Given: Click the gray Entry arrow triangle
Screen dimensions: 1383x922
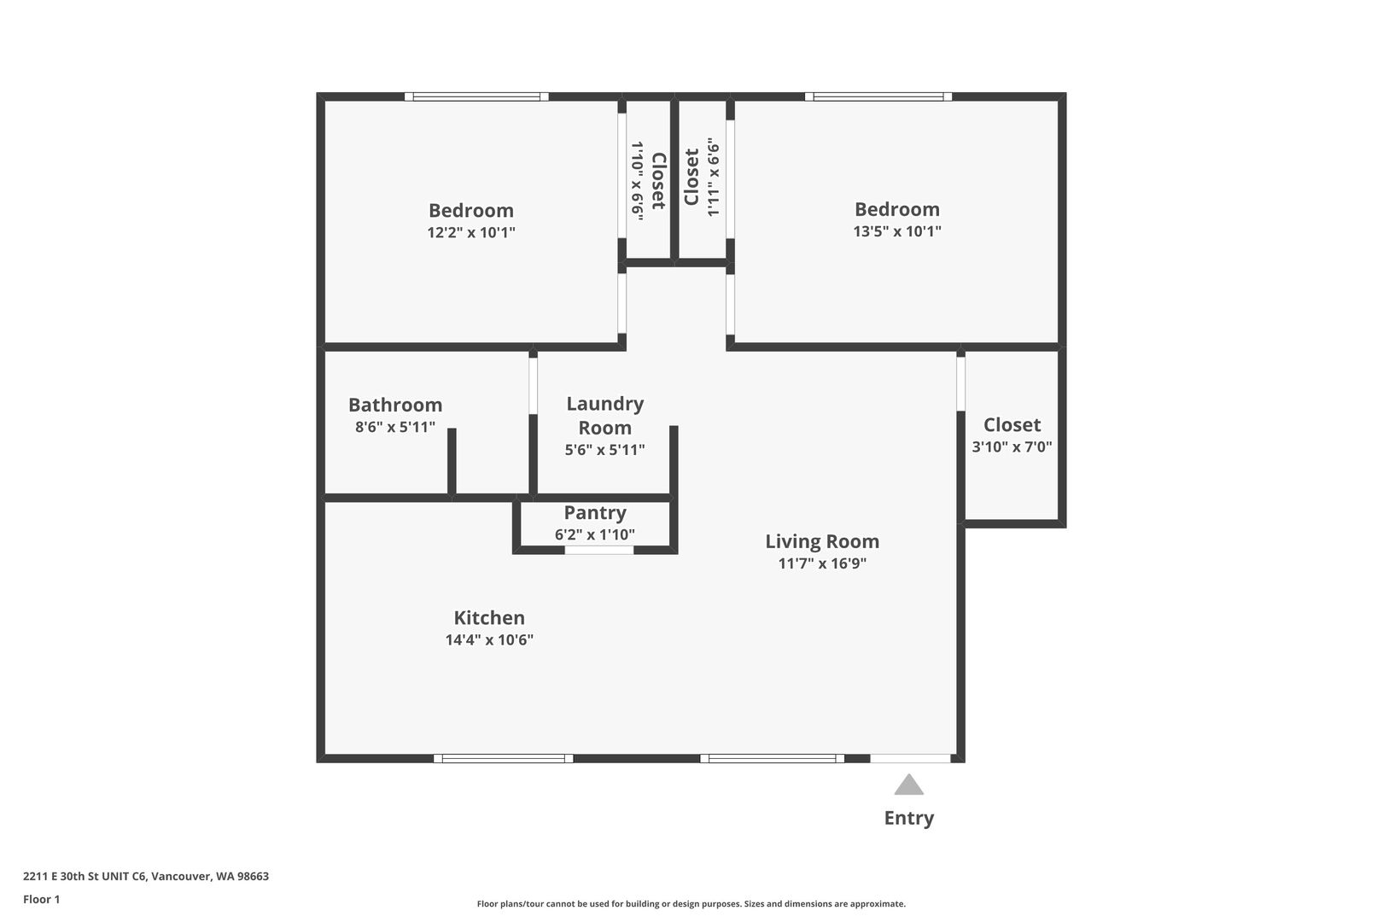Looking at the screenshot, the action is (909, 785).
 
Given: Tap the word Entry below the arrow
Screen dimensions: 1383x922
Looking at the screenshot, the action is (909, 818).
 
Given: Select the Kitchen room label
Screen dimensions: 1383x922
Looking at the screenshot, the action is (489, 617).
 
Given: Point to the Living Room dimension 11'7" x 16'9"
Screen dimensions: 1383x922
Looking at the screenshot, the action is (822, 563).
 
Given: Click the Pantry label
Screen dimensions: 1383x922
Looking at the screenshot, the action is (595, 513).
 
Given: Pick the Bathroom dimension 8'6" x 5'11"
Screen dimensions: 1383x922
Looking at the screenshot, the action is (395, 427).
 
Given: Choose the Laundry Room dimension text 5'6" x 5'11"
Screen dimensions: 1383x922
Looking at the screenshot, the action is (605, 450).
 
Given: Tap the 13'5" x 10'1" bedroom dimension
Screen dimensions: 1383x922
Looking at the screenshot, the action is (897, 231).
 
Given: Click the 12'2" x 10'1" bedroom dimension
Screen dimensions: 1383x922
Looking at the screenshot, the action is (471, 233).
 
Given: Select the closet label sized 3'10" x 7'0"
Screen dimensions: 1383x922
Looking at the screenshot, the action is (1012, 425).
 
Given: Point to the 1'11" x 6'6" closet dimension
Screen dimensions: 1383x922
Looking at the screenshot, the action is (713, 177).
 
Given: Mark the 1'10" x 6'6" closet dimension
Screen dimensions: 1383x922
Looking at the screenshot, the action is (637, 180).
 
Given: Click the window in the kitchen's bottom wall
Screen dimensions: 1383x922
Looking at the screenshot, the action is (503, 758).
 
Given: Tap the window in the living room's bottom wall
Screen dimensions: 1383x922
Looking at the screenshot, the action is (772, 758).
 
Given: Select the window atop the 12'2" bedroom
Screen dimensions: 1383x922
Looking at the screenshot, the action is (476, 96).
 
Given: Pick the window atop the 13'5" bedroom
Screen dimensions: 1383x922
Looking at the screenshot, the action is (878, 96).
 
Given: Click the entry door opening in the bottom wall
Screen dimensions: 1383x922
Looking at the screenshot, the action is (910, 758).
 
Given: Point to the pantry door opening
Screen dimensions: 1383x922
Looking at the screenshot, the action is (599, 551).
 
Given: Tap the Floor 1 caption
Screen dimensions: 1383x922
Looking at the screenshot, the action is (41, 899).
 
